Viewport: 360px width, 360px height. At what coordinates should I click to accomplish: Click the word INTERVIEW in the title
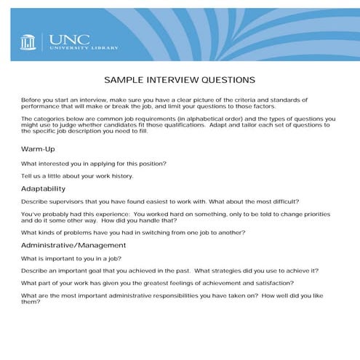(169, 80)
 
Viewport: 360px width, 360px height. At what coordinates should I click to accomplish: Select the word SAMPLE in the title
(125, 80)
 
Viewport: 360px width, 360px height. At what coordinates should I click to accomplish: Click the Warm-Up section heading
(39, 148)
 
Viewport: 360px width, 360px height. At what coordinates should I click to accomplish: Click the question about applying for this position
(94, 162)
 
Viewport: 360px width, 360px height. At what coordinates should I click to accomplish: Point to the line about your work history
(77, 176)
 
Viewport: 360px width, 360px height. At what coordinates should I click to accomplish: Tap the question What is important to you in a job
(71, 258)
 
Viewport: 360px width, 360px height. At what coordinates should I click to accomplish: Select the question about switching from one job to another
(133, 232)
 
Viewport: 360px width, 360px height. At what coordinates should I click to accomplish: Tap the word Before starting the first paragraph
(32, 98)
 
